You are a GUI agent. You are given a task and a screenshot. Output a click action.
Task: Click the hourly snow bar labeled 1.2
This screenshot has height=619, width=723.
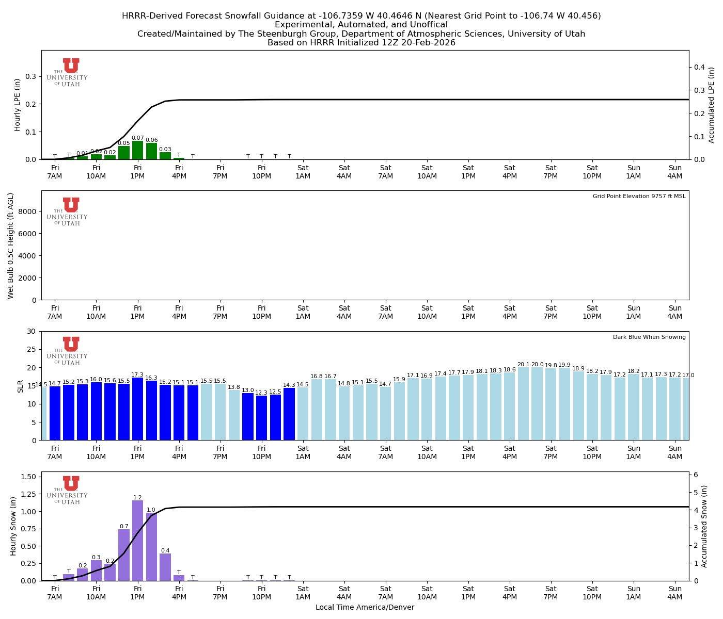click(x=137, y=541)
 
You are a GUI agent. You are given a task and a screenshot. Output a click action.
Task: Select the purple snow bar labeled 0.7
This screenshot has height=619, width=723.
click(x=124, y=555)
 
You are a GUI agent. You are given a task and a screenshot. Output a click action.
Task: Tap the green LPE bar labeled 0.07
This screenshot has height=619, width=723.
click(x=137, y=150)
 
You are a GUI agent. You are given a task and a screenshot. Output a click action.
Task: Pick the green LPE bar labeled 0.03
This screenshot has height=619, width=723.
click(x=165, y=156)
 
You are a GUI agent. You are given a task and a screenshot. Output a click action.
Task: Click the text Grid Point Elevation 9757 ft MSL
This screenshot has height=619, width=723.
click(x=639, y=197)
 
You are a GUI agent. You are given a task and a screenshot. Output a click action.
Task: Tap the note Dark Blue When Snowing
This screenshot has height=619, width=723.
click(x=649, y=337)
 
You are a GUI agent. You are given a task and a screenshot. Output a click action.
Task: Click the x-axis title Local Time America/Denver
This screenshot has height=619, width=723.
click(x=365, y=608)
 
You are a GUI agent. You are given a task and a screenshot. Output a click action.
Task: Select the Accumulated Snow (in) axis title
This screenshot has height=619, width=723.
click(x=704, y=526)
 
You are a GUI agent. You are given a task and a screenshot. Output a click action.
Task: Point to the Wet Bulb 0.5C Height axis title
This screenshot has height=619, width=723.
click(x=11, y=246)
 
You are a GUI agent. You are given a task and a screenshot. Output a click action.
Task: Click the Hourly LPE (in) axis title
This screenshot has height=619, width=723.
click(x=18, y=105)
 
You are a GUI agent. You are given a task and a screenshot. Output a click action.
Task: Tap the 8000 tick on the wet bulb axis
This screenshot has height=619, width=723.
click(x=29, y=211)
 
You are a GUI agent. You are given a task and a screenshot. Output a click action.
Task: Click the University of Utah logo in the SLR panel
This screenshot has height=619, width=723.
click(x=68, y=351)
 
